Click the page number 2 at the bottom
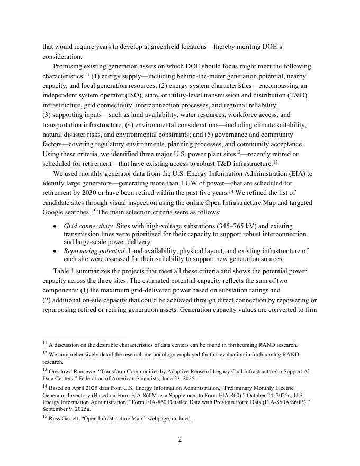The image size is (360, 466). tap(179, 440)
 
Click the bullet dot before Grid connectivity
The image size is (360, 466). tap(56, 226)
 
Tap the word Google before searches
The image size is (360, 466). tap(55, 212)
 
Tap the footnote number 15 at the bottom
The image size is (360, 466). tap(44, 418)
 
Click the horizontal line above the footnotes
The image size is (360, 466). tap(85, 336)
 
